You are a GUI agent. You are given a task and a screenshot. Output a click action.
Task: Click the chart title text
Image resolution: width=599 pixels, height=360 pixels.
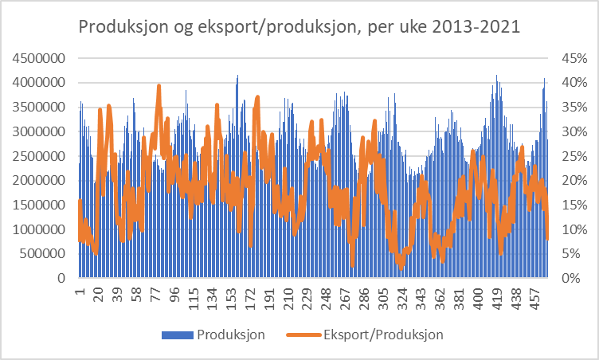coord(299,27)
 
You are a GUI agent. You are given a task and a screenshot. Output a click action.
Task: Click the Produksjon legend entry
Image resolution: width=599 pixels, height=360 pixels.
coord(230,334)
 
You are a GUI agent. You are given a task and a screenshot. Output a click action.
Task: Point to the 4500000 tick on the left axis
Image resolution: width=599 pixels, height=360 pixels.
coord(37,58)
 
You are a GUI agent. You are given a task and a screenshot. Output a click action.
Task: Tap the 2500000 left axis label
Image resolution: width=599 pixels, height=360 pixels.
coord(37,156)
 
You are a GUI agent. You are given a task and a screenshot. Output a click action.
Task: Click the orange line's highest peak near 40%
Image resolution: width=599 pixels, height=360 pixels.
coord(159,86)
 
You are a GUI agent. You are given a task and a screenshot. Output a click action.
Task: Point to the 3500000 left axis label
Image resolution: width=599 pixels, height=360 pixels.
coord(37,108)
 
